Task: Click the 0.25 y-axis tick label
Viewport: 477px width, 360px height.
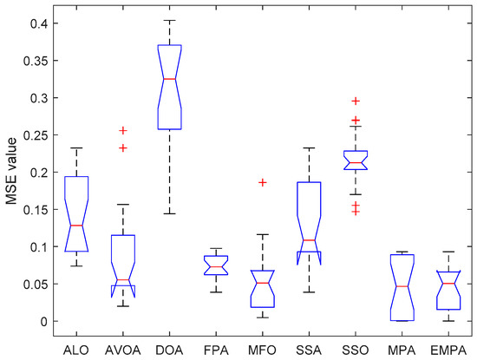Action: click(x=35, y=135)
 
